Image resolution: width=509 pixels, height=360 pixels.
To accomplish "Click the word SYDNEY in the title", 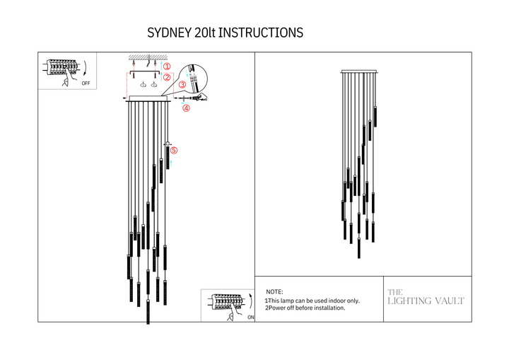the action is [169, 33].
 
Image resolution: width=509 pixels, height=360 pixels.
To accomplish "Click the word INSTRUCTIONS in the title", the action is [260, 33].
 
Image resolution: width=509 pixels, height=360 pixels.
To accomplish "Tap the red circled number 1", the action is [167, 66].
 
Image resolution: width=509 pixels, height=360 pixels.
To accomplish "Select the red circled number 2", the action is [167, 77].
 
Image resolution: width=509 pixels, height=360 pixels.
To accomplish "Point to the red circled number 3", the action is [182, 84].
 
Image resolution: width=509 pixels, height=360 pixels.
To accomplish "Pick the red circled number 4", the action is [186, 108].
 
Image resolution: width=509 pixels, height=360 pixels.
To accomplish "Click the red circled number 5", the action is [174, 150].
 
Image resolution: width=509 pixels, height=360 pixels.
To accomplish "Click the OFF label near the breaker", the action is [86, 83].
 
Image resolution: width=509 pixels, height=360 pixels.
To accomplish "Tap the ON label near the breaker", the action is [251, 317].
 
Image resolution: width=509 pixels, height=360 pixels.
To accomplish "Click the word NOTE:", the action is [274, 292].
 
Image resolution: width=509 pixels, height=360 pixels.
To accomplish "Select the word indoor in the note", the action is [335, 301].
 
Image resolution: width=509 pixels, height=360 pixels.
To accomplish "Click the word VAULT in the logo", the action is [450, 301].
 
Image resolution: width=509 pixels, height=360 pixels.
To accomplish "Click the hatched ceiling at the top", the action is [148, 57].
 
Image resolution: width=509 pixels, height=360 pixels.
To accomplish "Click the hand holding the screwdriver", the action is [201, 97].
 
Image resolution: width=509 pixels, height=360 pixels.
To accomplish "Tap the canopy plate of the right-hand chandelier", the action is [359, 71].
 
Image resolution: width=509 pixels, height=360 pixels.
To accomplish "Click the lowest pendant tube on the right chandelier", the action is [358, 248].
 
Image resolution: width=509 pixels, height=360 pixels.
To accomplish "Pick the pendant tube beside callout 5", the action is [168, 157].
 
